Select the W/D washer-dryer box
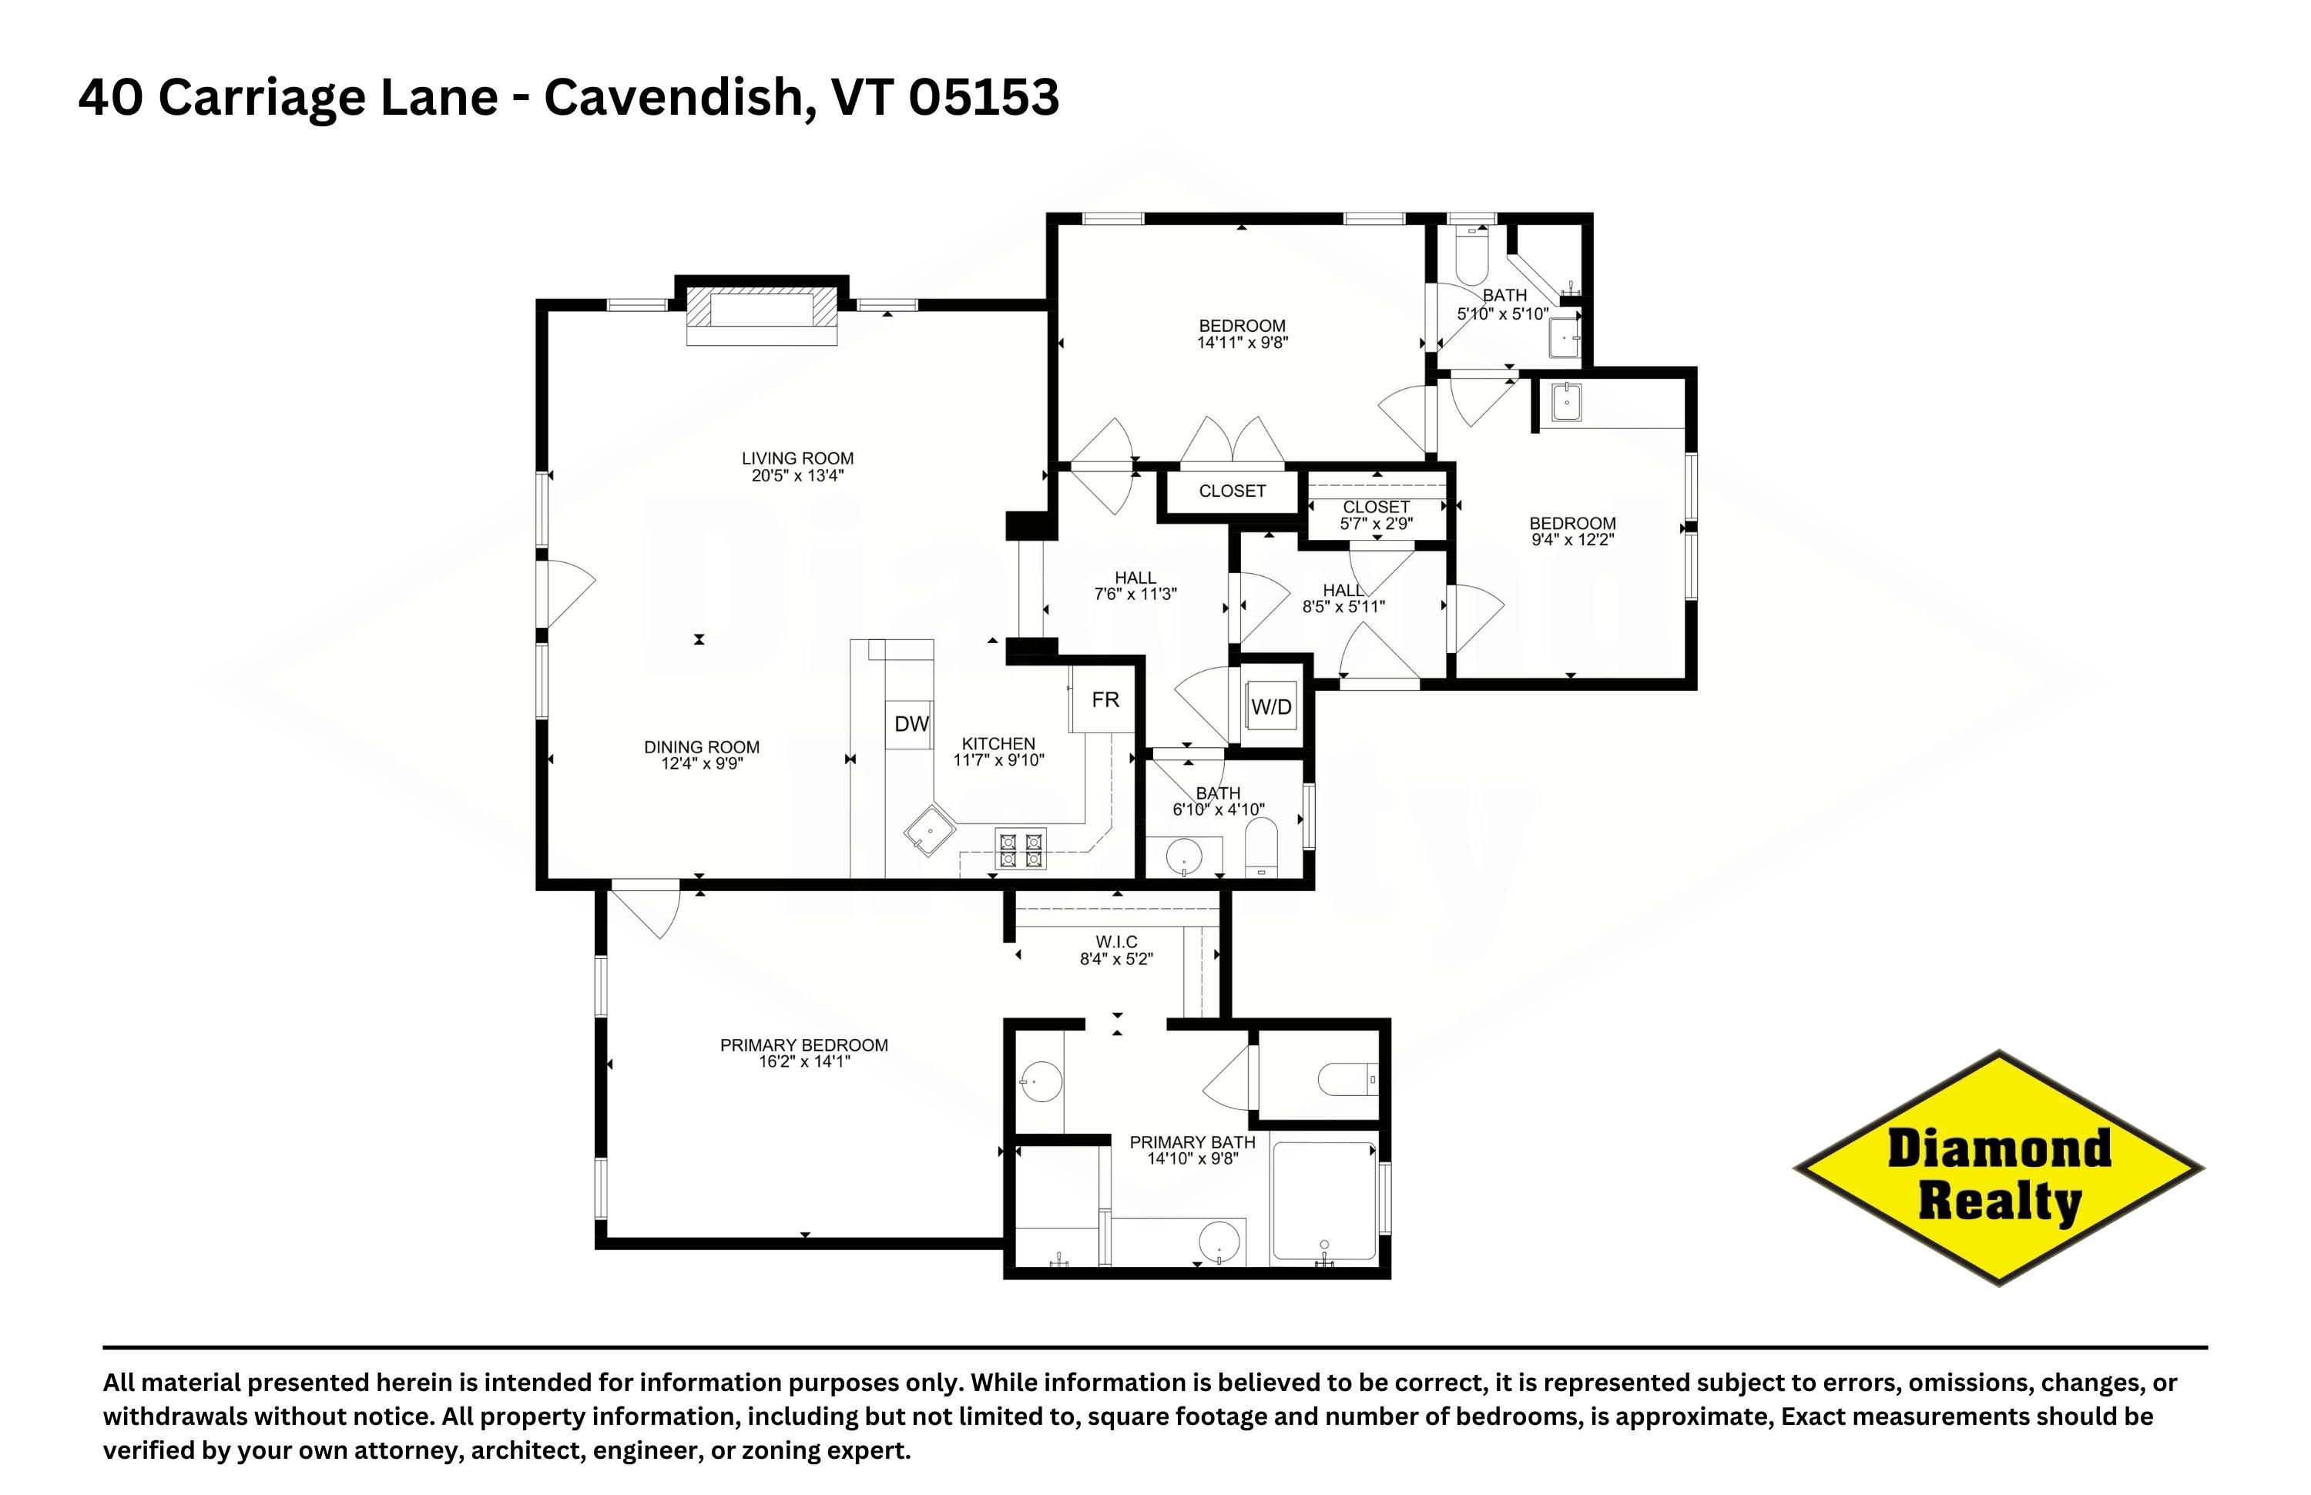click(1271, 707)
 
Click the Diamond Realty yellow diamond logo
click(1998, 1168)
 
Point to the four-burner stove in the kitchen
click(1021, 849)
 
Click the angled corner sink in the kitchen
click(929, 830)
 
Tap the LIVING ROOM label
click(797, 458)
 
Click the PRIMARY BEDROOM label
click(804, 1045)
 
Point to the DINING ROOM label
click(701, 747)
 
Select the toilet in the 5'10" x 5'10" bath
click(1472, 253)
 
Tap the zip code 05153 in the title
click(984, 97)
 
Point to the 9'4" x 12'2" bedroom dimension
click(1572, 541)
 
